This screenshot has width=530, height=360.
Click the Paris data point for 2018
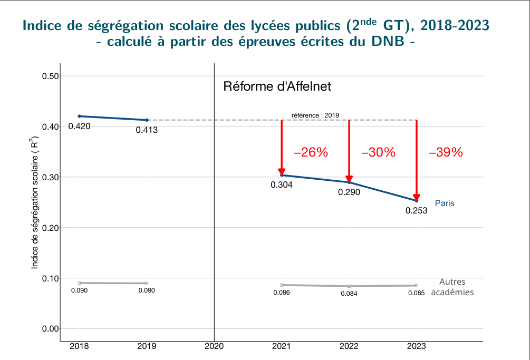click(x=79, y=116)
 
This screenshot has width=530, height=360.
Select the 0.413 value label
click(x=147, y=130)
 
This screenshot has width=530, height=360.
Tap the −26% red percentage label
click(x=311, y=153)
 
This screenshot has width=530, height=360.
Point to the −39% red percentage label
click(x=446, y=153)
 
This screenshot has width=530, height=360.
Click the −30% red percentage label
click(x=378, y=153)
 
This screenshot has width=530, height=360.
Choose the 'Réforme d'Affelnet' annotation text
click(x=277, y=86)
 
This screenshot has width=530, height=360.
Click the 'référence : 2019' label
click(x=315, y=115)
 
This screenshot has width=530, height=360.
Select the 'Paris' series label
click(x=444, y=203)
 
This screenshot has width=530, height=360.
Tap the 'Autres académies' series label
click(x=452, y=287)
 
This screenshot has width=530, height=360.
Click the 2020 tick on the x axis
click(x=214, y=347)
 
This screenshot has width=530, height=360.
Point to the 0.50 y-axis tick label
click(x=50, y=76)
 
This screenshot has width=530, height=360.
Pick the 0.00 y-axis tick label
click(x=50, y=329)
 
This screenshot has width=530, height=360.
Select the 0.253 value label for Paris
click(x=416, y=210)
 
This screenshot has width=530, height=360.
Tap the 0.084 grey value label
click(x=349, y=294)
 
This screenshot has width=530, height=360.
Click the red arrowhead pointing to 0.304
click(x=282, y=171)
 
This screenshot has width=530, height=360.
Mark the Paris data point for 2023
click(x=417, y=201)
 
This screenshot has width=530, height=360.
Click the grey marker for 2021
click(x=282, y=285)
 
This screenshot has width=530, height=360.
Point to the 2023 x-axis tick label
click(x=417, y=347)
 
